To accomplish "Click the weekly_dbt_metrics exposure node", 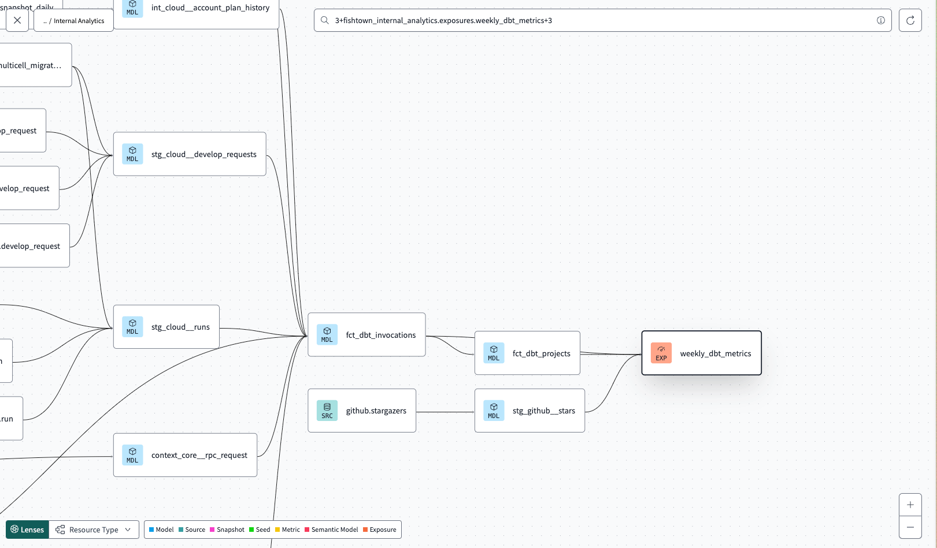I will click(x=701, y=353).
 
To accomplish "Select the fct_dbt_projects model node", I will click(x=527, y=353).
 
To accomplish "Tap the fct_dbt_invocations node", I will click(x=366, y=335).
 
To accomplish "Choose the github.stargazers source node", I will click(x=362, y=411).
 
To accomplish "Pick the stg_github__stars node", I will click(x=529, y=411).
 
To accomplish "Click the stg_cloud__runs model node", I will click(x=166, y=327).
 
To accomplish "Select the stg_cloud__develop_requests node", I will click(x=190, y=154).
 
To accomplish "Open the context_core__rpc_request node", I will click(x=185, y=455).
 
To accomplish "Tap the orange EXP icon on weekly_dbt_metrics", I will click(x=661, y=353).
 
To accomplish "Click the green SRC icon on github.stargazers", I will click(x=327, y=411).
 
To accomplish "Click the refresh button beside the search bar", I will click(x=910, y=20).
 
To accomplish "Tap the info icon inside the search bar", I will click(x=880, y=20).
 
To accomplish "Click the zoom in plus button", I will click(x=910, y=505).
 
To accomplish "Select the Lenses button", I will click(x=27, y=530).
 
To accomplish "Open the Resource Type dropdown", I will click(x=94, y=530).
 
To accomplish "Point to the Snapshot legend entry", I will click(x=227, y=530).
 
